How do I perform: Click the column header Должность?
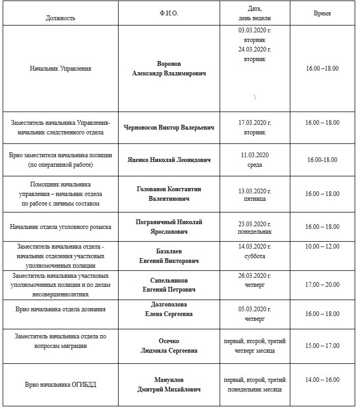[61, 18]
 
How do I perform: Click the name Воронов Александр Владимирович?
[169, 68]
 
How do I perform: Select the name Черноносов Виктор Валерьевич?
[169, 127]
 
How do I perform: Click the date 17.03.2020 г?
[255, 123]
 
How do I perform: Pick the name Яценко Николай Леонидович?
[169, 159]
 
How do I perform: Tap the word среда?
[255, 165]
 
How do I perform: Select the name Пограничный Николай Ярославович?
[169, 227]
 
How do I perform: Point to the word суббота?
[255, 256]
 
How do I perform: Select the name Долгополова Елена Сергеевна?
[169, 309]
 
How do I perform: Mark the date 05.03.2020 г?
[255, 310]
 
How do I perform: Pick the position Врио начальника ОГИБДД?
[61, 385]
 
